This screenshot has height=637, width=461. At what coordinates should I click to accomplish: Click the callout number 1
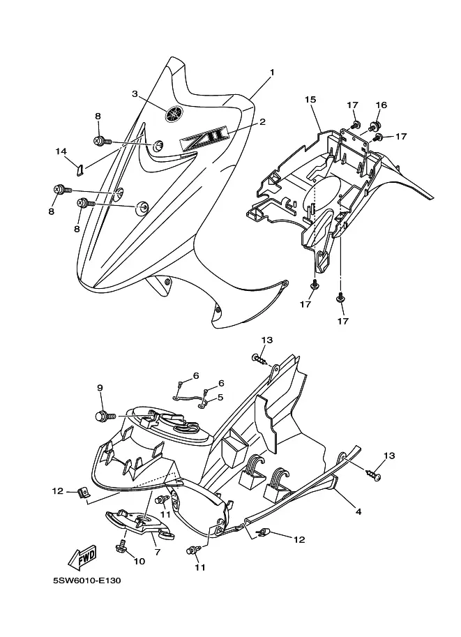tap(272, 73)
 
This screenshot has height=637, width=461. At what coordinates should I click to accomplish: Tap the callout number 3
tap(135, 94)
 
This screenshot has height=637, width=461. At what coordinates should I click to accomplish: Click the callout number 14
tap(61, 151)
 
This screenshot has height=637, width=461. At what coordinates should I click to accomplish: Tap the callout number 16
tap(381, 105)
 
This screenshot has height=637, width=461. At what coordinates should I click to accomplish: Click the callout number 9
tap(100, 388)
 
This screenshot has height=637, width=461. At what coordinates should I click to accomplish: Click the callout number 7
tap(158, 552)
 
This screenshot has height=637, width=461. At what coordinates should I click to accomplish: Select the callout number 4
tap(358, 511)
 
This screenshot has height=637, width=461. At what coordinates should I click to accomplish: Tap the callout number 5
tap(220, 397)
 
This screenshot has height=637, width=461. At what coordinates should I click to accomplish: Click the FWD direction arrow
tap(82, 556)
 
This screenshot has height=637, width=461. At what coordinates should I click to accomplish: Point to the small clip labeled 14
tap(80, 167)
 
